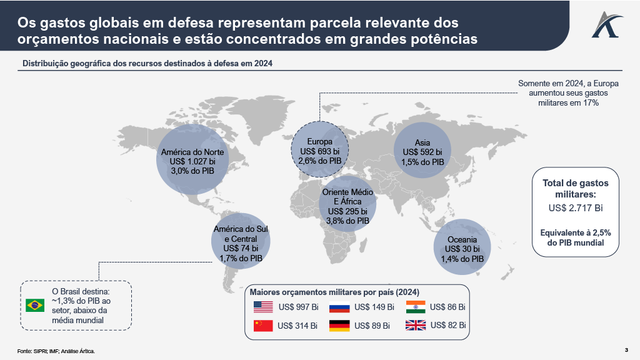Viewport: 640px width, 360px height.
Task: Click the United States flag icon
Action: (x=263, y=307)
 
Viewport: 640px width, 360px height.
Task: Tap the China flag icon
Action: (x=263, y=326)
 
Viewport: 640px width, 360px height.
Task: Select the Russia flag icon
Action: (x=339, y=307)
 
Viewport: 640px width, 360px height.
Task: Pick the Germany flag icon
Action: (x=339, y=326)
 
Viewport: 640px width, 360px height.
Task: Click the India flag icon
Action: (x=416, y=307)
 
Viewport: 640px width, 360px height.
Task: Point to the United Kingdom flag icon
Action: (x=416, y=326)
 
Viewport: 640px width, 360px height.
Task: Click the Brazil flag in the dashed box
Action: (x=35, y=306)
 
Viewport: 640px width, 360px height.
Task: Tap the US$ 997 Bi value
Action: (x=299, y=307)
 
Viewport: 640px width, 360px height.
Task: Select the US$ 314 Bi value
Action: (x=297, y=326)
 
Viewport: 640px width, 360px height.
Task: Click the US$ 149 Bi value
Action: (x=374, y=307)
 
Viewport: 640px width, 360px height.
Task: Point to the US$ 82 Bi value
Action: (x=448, y=326)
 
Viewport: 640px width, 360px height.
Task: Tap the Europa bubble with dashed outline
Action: (x=319, y=151)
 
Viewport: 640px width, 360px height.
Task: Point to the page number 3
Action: (x=626, y=349)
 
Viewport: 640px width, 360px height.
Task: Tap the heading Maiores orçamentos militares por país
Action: (x=334, y=292)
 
